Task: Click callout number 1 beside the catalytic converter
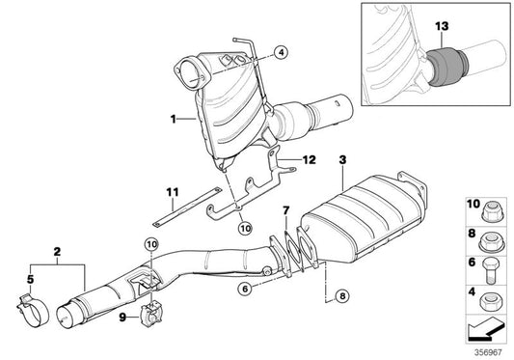[x=175, y=121]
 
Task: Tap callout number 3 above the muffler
[x=341, y=156]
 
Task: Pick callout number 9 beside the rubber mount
[x=122, y=316]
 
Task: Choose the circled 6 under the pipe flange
[x=246, y=289]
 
